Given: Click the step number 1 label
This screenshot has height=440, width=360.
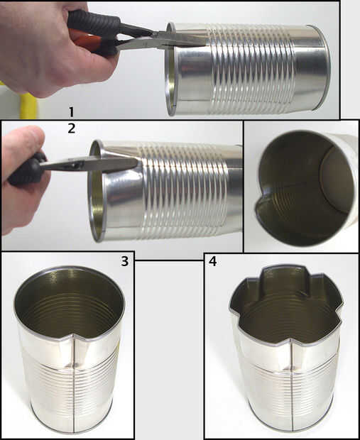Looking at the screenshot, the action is pos(71,112).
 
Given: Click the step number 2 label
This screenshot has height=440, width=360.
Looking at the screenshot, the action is pos(72,128).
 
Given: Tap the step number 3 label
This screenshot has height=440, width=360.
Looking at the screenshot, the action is pos(125,261).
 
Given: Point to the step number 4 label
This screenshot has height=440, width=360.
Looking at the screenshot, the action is pos(212,261).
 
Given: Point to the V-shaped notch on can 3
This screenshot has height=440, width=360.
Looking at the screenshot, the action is pos(74,336).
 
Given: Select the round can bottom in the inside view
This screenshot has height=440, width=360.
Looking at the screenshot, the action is pos(337,180).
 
